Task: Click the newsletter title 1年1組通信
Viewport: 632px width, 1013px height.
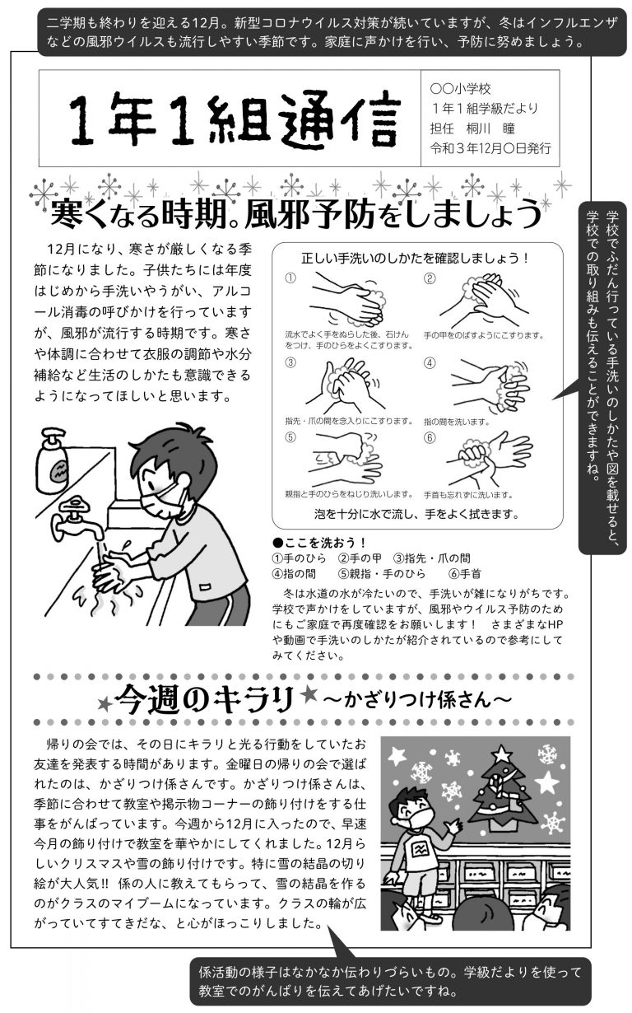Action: coord(235,119)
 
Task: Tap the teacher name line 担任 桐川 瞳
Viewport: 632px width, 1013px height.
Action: coord(472,128)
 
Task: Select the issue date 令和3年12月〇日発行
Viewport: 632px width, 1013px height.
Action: coord(490,148)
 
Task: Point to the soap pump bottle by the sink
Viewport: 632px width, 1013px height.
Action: coord(53,460)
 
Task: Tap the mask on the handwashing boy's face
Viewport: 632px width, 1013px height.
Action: coord(160,501)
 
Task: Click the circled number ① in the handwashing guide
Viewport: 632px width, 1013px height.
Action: coord(290,278)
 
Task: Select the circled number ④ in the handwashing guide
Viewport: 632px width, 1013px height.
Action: coord(430,363)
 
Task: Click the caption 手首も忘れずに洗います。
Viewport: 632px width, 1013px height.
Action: coord(468,495)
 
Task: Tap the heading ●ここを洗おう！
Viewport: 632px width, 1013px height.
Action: coord(319,543)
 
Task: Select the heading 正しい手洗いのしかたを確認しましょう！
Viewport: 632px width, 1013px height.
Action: coord(415,259)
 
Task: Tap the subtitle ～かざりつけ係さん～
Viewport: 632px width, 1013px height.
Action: coord(417,699)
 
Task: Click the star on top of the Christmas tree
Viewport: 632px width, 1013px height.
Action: coord(501,753)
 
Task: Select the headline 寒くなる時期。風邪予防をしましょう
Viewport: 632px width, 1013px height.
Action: coord(296,214)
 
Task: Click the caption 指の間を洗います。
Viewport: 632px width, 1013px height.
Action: coord(457,422)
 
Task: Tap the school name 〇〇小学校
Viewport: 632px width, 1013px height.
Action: coord(460,89)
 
